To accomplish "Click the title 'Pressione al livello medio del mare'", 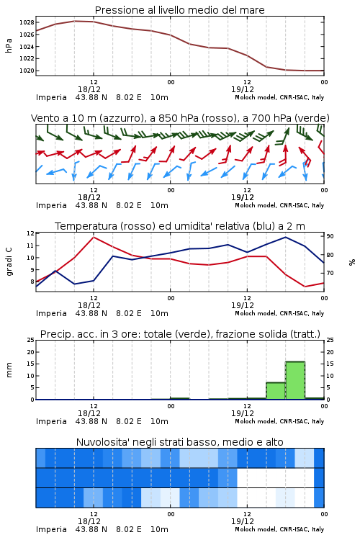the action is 179,10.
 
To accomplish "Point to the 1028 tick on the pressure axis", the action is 27,22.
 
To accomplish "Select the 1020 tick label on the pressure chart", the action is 27,71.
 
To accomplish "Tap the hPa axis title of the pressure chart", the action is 9,46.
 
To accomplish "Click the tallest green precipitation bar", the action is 295,380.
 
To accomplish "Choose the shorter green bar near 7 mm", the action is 276,391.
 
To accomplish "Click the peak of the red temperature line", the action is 94,237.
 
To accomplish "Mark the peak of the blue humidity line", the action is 285,237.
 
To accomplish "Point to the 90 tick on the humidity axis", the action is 330,236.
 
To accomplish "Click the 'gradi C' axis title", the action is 9,262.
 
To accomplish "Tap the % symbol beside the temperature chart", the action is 352,262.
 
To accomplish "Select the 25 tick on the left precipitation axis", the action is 31,340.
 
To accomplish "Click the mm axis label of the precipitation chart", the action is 9,370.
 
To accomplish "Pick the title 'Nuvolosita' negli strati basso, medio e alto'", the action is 179,442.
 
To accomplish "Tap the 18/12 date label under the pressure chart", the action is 89,89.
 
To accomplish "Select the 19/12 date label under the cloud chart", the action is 243,521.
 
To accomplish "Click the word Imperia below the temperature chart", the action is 51,313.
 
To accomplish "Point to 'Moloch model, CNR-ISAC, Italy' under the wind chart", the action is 279,205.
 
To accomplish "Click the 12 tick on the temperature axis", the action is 31,233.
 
